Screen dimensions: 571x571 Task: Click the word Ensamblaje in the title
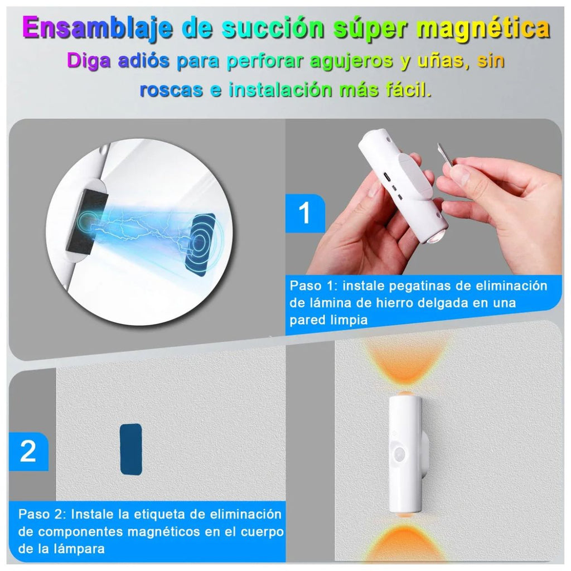(97, 28)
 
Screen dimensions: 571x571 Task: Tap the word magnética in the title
(483, 28)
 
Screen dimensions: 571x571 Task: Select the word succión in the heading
(273, 27)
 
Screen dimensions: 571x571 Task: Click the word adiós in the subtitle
(143, 60)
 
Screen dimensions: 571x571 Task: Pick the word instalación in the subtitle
(280, 89)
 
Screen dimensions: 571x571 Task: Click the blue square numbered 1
(305, 214)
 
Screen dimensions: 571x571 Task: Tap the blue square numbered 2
(28, 452)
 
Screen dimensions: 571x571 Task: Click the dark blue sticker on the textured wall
(130, 449)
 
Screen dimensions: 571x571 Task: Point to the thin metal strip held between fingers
(445, 156)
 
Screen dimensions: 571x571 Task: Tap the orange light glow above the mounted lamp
(406, 364)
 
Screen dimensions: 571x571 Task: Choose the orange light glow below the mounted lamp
(405, 540)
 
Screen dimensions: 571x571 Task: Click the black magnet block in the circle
(87, 221)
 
